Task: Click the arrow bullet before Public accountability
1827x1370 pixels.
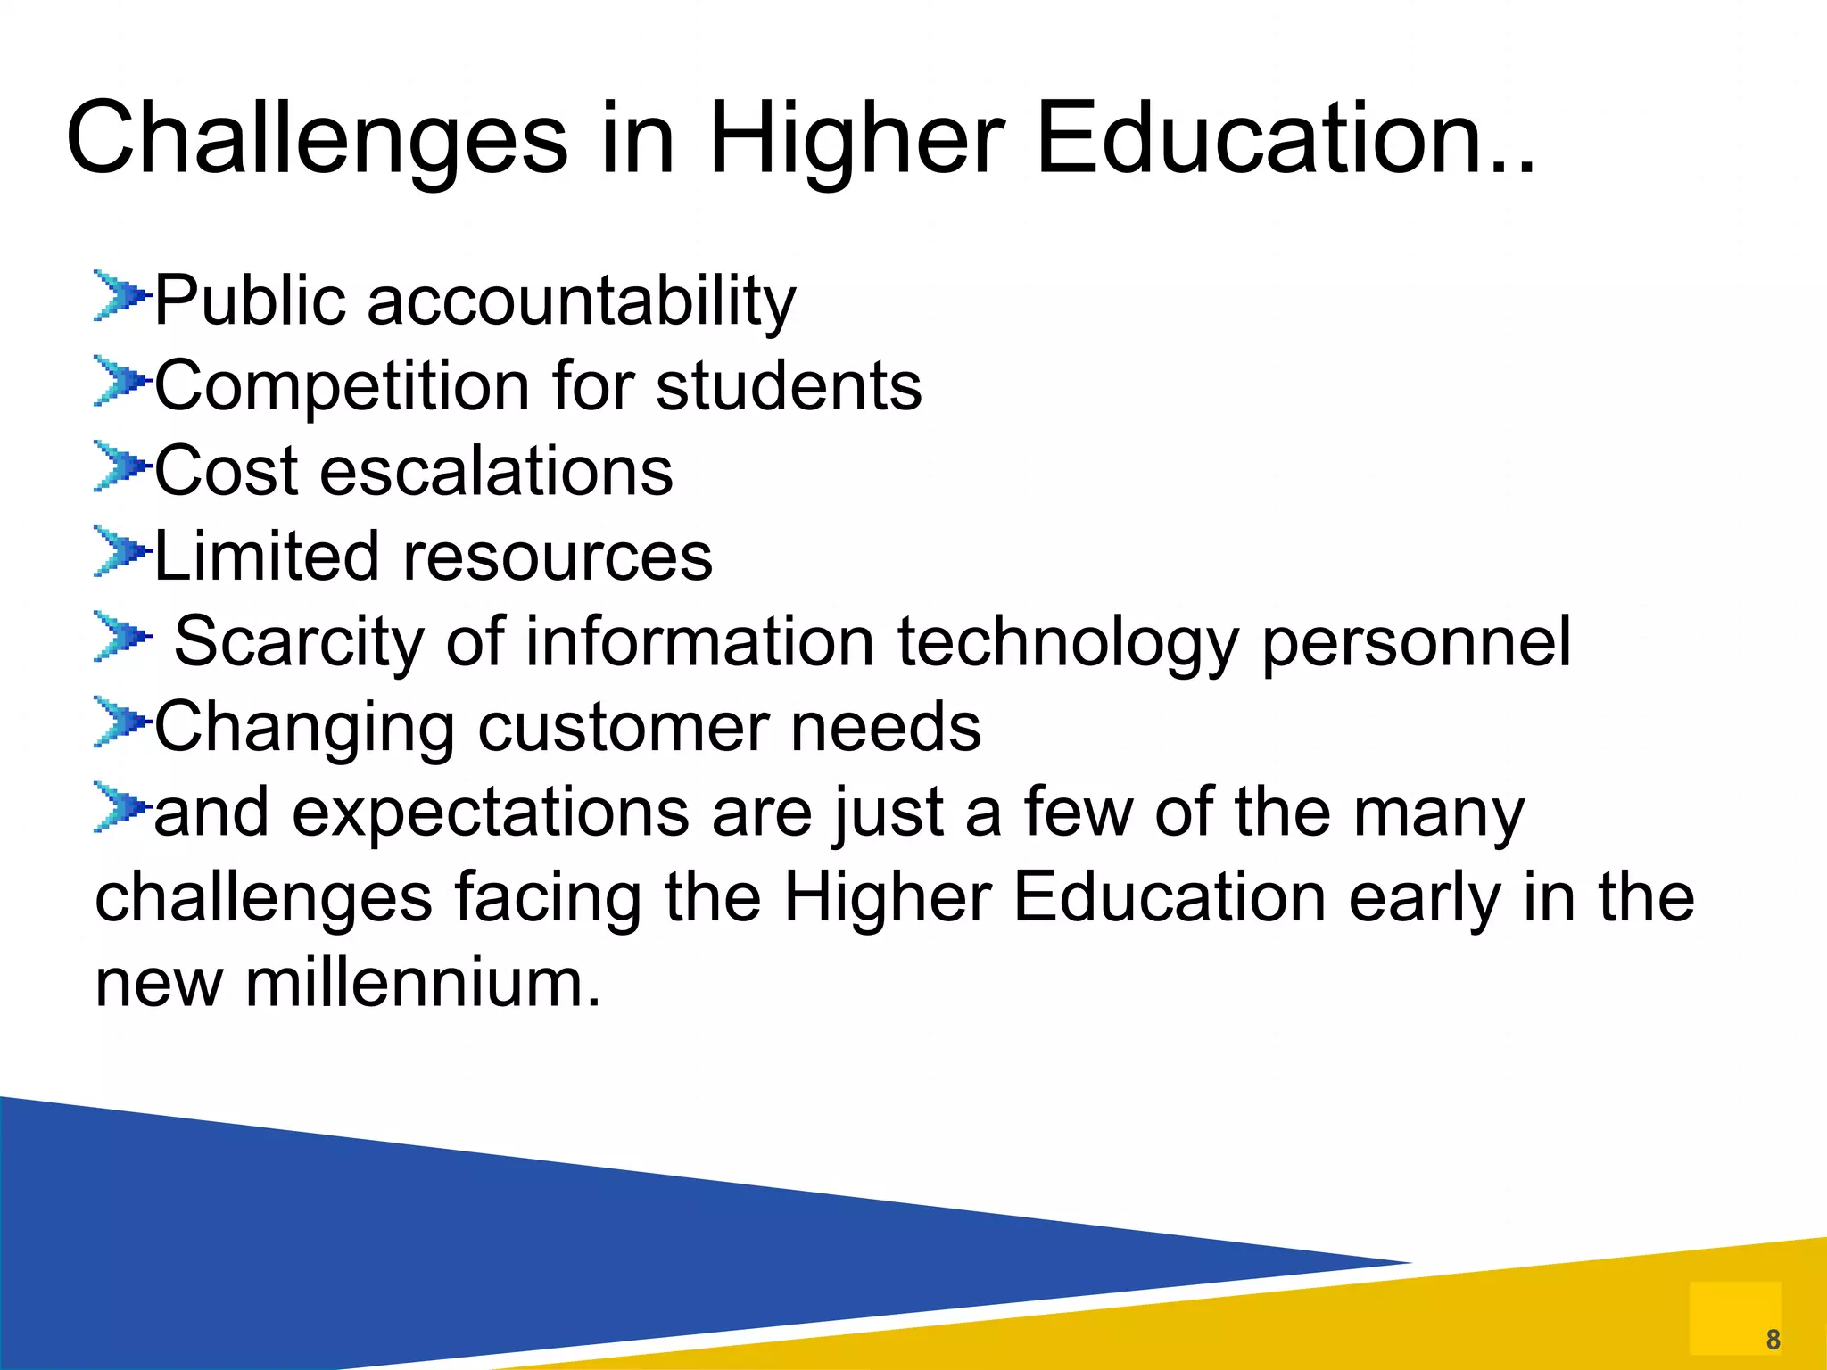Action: tap(120, 295)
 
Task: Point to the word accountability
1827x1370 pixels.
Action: tap(581, 301)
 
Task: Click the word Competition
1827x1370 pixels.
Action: tap(343, 386)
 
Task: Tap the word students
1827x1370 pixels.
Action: tap(789, 386)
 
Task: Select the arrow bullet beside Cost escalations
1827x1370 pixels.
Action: tap(120, 466)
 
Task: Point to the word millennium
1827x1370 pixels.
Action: tap(422, 984)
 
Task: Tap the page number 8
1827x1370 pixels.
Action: tap(1773, 1340)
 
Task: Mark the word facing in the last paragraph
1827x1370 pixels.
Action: tap(548, 899)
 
